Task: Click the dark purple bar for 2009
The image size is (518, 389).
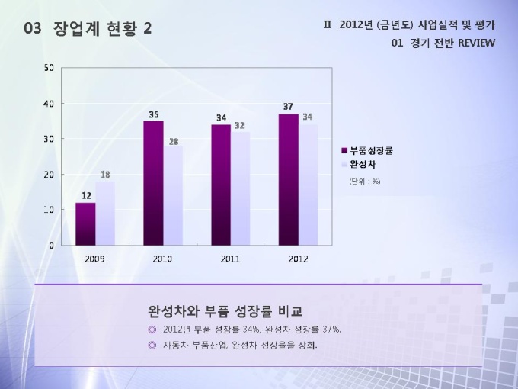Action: click(x=85, y=223)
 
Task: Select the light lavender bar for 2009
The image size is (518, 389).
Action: click(x=105, y=213)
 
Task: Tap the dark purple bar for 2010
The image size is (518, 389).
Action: click(x=153, y=183)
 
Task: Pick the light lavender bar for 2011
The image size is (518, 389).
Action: click(x=240, y=188)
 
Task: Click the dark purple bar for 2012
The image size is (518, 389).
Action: click(x=288, y=179)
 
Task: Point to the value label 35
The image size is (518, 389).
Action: click(x=154, y=114)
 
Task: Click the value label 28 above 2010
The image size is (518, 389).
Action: click(x=174, y=141)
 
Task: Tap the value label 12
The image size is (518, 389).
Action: click(x=86, y=196)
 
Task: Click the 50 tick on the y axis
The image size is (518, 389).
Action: click(x=48, y=68)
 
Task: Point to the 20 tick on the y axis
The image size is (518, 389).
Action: click(x=48, y=174)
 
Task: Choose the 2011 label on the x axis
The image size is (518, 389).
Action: click(x=230, y=259)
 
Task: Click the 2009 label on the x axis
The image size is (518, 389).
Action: click(x=95, y=259)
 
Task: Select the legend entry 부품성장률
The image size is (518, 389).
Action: click(x=371, y=150)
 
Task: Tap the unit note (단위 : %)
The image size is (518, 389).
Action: click(x=365, y=182)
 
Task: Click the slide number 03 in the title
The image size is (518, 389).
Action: click(x=33, y=28)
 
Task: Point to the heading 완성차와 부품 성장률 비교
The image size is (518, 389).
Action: click(x=225, y=311)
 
